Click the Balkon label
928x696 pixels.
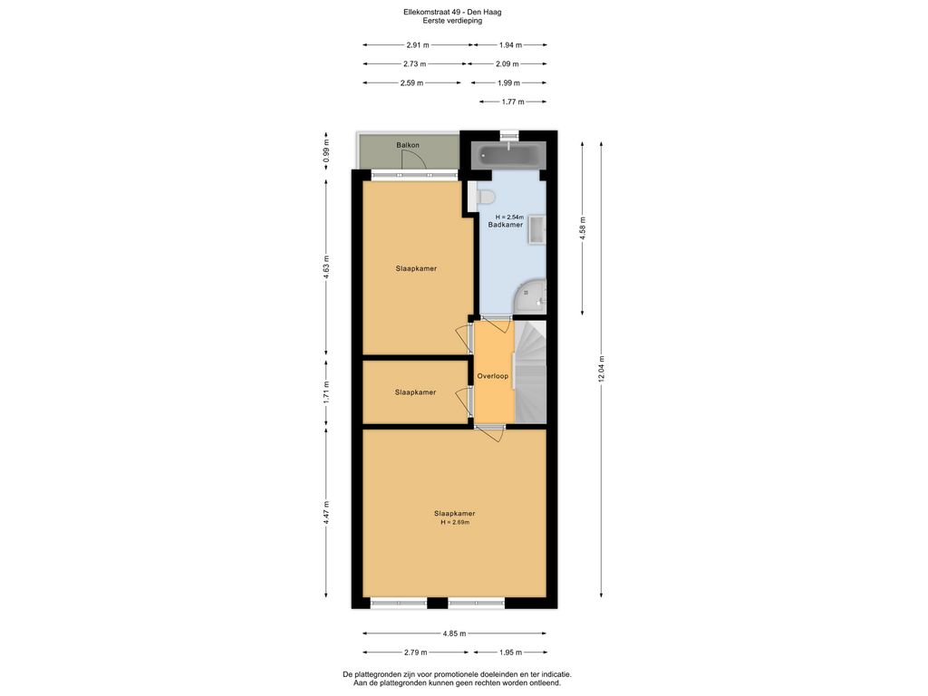coord(407,145)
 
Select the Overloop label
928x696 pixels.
coord(493,375)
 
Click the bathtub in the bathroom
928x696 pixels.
coord(508,155)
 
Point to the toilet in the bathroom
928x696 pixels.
coord(485,197)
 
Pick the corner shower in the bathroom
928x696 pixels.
coord(533,295)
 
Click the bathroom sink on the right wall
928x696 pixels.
coord(536,229)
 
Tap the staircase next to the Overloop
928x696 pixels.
coord(531,371)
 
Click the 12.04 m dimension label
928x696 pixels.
coord(600,371)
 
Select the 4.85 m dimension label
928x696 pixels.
coord(455,633)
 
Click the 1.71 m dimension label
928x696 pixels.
coord(327,391)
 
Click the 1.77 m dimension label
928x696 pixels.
coord(508,101)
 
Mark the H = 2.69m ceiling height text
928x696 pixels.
coord(455,523)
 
